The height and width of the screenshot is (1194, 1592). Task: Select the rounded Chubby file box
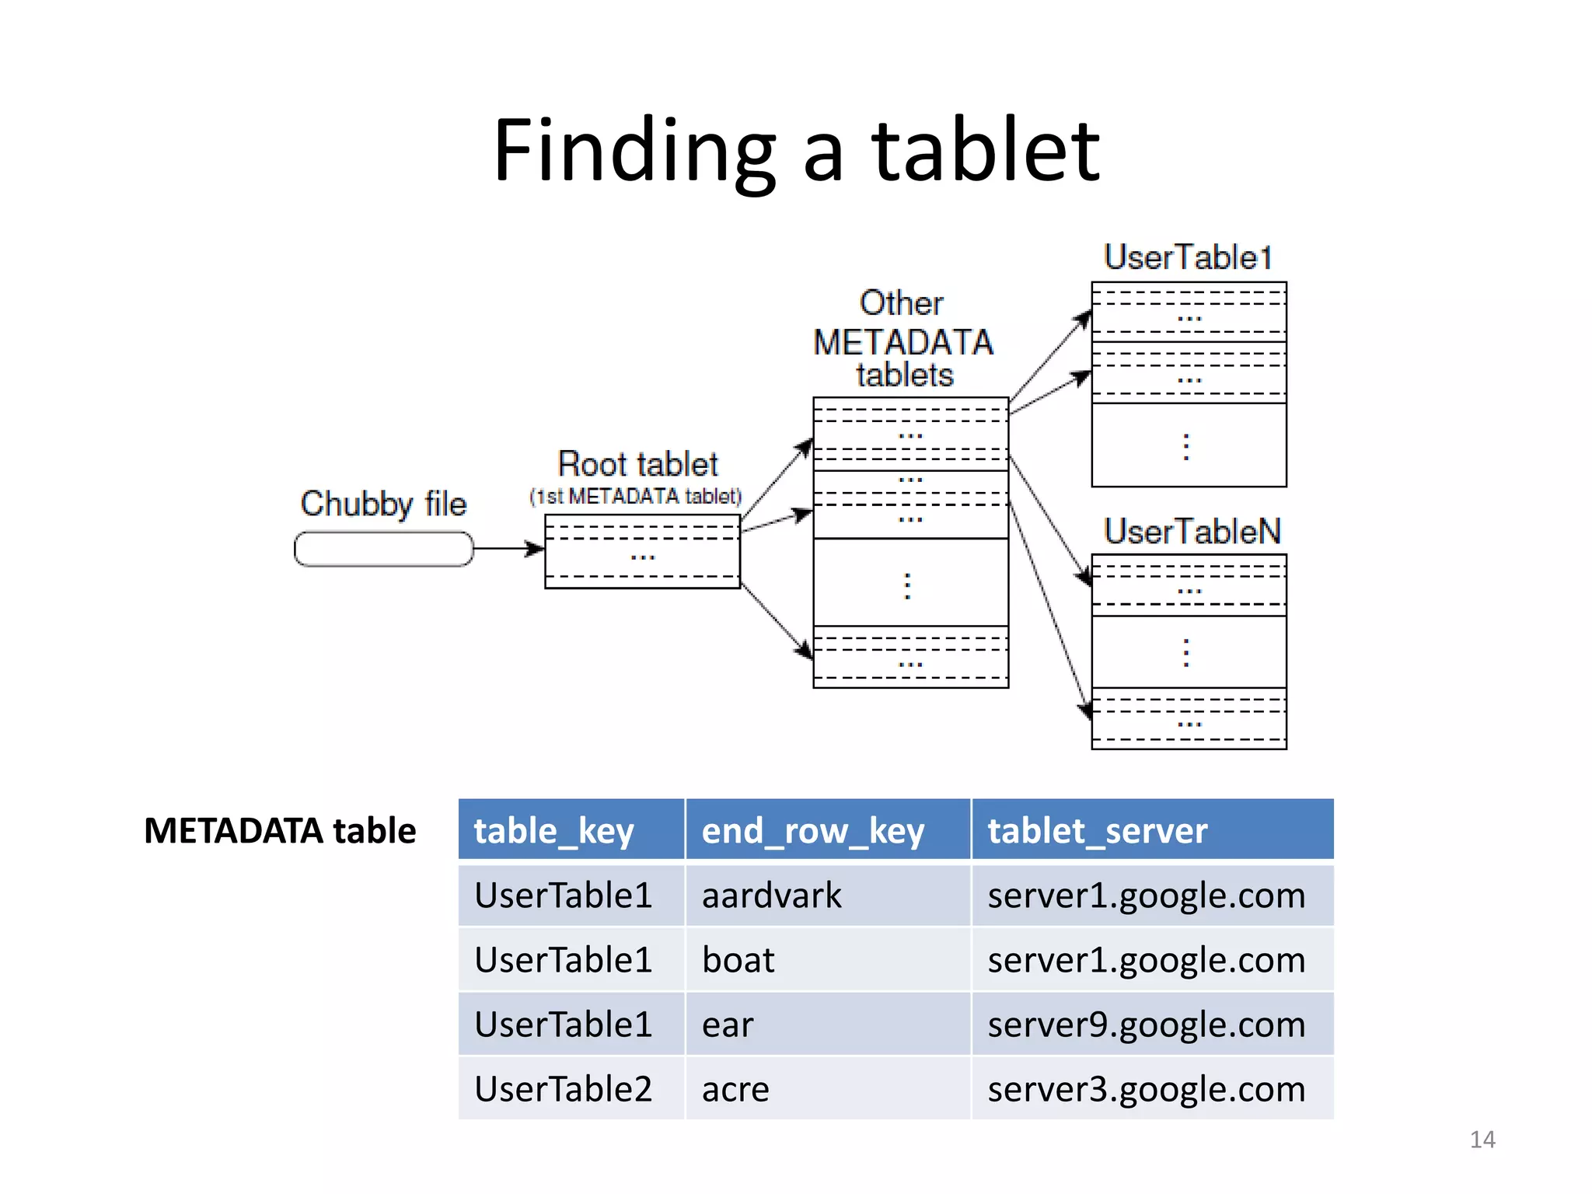click(383, 549)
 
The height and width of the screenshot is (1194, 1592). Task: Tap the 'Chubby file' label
click(383, 504)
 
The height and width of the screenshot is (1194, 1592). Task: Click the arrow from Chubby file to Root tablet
click(508, 549)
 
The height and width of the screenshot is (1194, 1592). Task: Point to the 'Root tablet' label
click(637, 464)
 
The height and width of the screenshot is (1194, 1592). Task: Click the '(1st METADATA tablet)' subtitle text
click(635, 496)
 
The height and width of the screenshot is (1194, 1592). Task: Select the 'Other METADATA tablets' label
click(903, 339)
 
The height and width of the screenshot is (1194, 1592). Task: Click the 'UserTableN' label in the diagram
click(1192, 532)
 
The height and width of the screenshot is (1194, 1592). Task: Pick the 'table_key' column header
click(553, 830)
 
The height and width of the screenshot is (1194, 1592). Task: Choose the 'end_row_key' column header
click(812, 830)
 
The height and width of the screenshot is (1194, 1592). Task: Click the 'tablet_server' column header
click(1097, 830)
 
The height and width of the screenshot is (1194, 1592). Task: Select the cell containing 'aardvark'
click(771, 895)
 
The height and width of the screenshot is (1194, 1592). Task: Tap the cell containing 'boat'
click(738, 960)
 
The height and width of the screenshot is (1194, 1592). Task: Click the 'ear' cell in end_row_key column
click(727, 1025)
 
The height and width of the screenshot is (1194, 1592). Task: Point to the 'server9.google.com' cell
click(1146, 1025)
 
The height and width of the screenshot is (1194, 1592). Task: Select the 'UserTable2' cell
click(563, 1089)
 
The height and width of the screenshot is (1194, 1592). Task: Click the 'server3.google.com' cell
click(1146, 1089)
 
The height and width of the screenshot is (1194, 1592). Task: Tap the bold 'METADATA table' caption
click(280, 830)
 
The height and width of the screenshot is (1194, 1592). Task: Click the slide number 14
click(1482, 1140)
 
